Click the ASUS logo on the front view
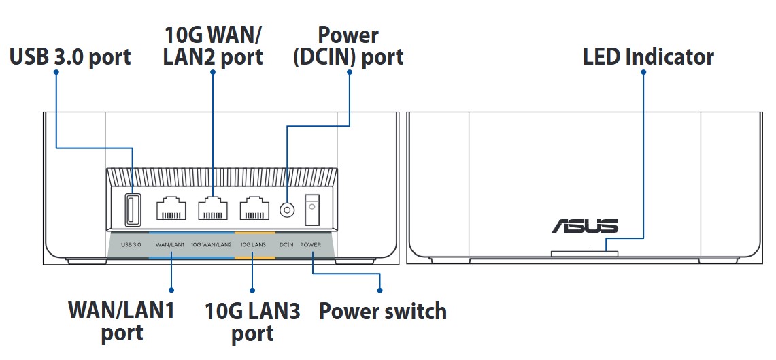click(584, 226)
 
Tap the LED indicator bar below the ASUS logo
click(584, 253)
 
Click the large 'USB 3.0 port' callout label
click(70, 56)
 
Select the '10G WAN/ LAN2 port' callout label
click(213, 45)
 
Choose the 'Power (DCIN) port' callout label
click(348, 45)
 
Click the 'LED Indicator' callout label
click(648, 56)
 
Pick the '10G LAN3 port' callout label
click(252, 322)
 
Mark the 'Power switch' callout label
click(383, 312)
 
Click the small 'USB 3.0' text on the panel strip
click(131, 244)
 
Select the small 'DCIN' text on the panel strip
click(286, 244)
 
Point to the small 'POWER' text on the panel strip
click(310, 244)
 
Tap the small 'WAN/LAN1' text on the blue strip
click(170, 244)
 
